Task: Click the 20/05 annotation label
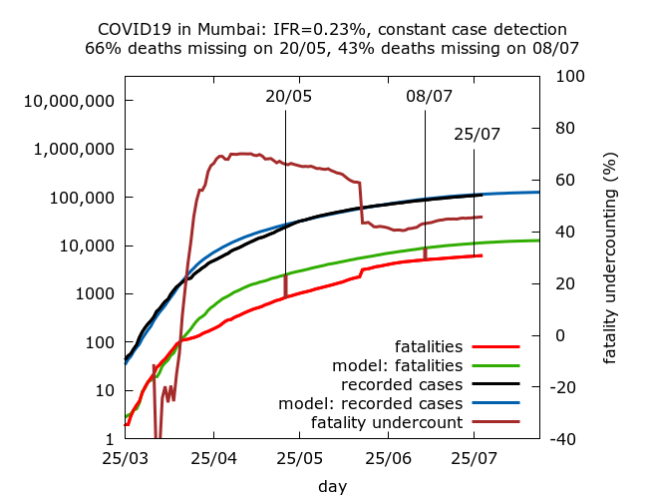click(288, 97)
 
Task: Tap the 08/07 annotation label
click(429, 97)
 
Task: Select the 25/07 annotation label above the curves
click(477, 135)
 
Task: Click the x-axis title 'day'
click(332, 486)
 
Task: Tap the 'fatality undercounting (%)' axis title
click(609, 257)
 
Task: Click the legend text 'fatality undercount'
click(387, 423)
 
